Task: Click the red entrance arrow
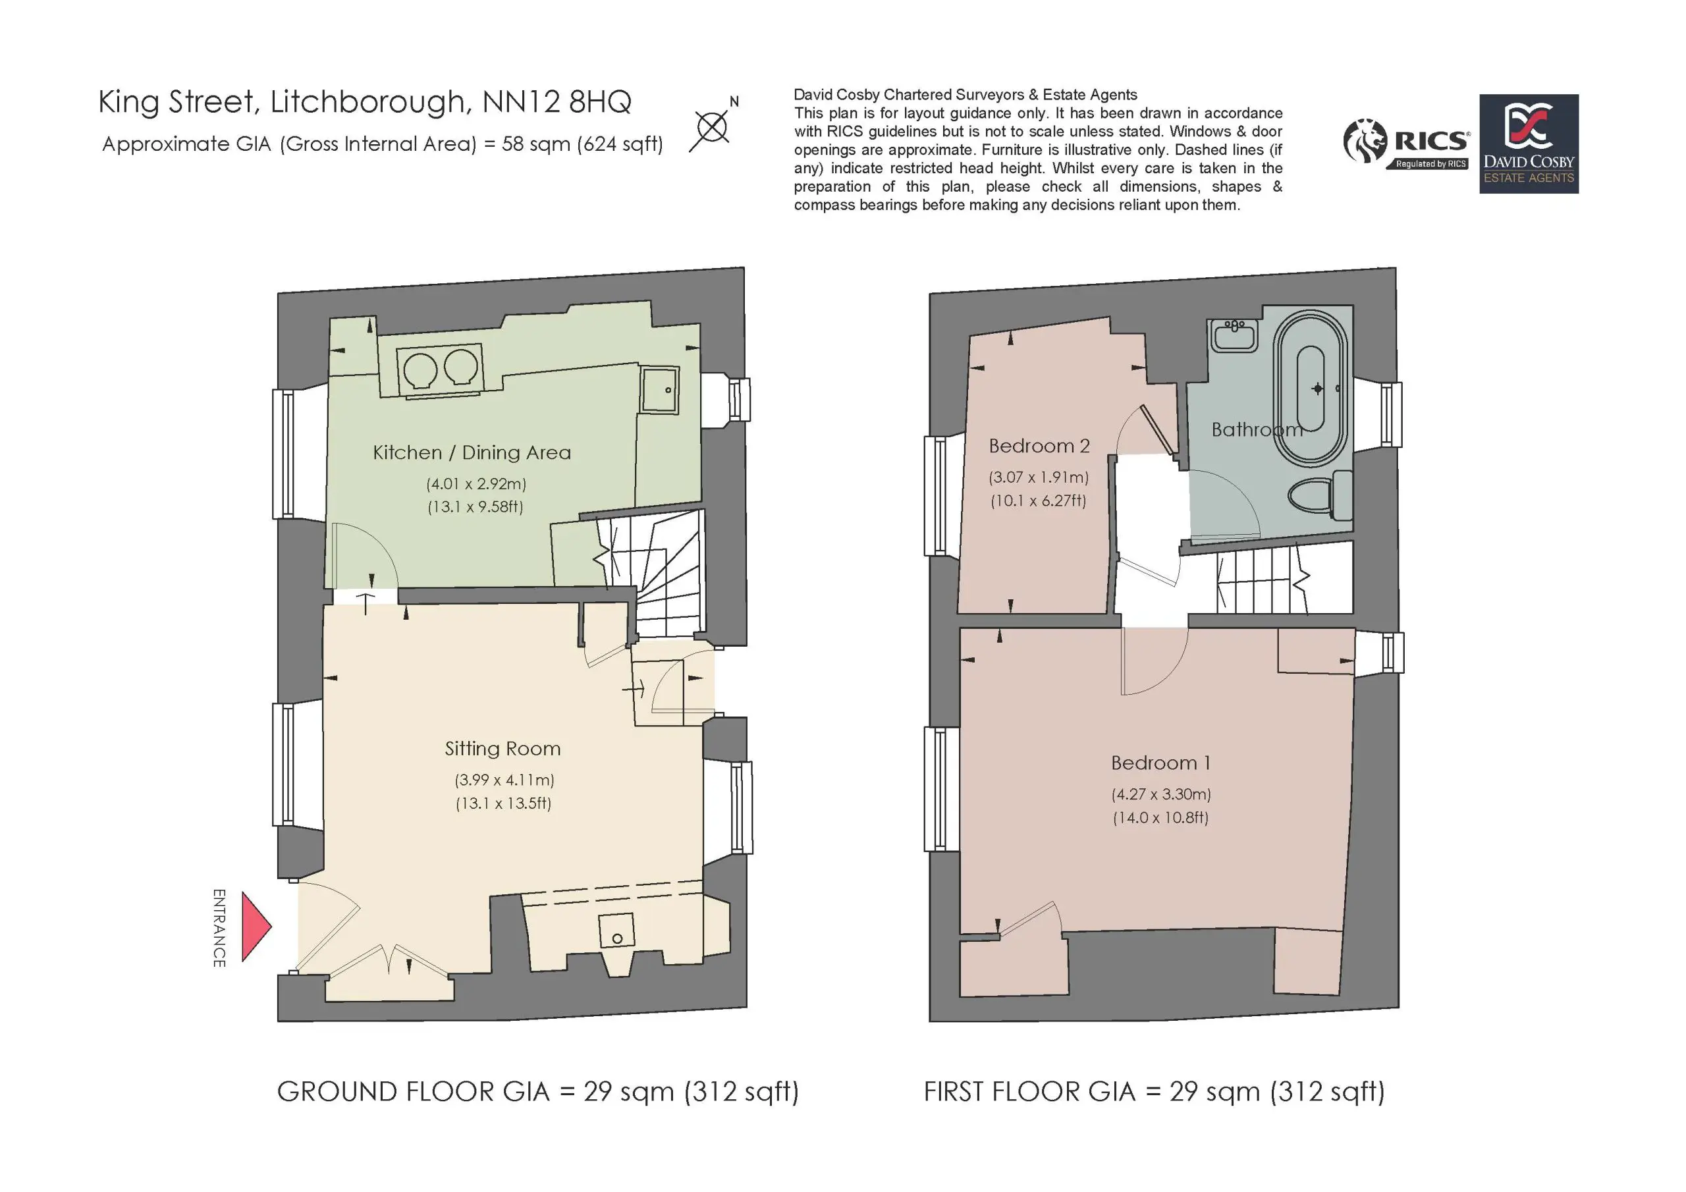[256, 927]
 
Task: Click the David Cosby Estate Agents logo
[1529, 144]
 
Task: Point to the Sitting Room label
[503, 748]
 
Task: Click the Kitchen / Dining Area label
[472, 452]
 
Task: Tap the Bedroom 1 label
[1160, 763]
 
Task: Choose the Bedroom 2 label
[1039, 445]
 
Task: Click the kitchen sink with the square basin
[659, 389]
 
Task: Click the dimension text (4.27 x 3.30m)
[1161, 794]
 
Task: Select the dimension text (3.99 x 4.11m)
[504, 779]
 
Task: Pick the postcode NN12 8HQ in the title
[557, 102]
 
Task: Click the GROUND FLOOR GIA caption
[537, 1092]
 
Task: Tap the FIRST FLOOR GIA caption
[1154, 1092]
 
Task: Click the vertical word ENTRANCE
[219, 928]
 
